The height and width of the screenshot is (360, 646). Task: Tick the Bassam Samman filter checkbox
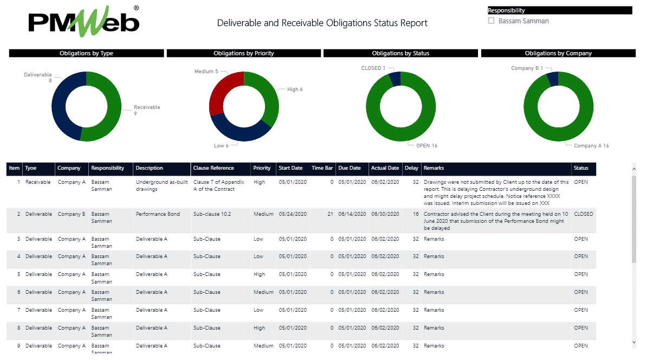492,21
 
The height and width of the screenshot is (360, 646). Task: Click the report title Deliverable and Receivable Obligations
322,23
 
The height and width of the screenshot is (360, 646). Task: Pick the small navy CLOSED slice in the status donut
396,79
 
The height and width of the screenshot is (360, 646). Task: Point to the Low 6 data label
221,145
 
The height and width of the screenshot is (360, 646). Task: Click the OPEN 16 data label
427,145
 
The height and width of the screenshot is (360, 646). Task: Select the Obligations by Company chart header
558,53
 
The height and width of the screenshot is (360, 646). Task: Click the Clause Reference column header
214,168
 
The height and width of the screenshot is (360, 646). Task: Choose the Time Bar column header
322,168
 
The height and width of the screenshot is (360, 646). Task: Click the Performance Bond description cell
158,214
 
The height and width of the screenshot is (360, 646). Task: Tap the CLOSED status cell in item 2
583,214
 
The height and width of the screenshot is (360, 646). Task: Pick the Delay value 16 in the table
416,214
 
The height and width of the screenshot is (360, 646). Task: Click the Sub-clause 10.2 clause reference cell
212,214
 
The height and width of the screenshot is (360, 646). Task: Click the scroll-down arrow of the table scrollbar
634,343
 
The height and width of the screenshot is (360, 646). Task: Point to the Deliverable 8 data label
38,78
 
